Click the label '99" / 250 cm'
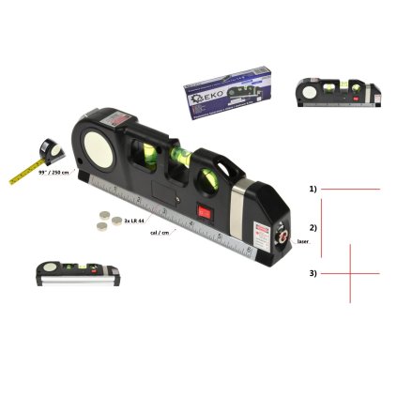click(x=54, y=174)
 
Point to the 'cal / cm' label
click(x=160, y=231)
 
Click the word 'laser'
click(x=302, y=241)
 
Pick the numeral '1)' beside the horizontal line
click(x=313, y=189)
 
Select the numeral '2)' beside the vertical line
click(x=313, y=227)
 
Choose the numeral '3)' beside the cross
click(x=313, y=273)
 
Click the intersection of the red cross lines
click(x=350, y=274)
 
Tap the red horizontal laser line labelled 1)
click(x=352, y=189)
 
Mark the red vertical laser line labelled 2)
click(x=322, y=227)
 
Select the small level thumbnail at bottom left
click(x=79, y=273)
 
